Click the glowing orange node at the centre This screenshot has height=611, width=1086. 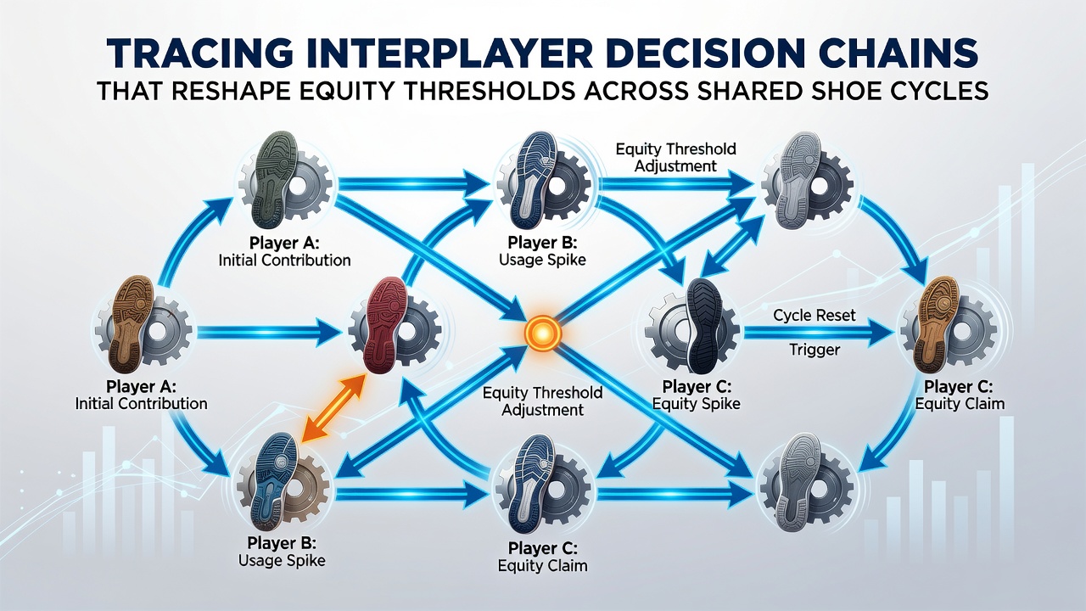pos(542,334)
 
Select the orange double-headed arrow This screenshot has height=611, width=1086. pos(333,407)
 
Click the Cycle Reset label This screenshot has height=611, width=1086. pos(814,316)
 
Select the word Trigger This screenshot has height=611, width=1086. pos(814,350)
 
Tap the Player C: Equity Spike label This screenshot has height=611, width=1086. pos(697,395)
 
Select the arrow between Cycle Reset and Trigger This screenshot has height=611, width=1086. pos(819,334)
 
